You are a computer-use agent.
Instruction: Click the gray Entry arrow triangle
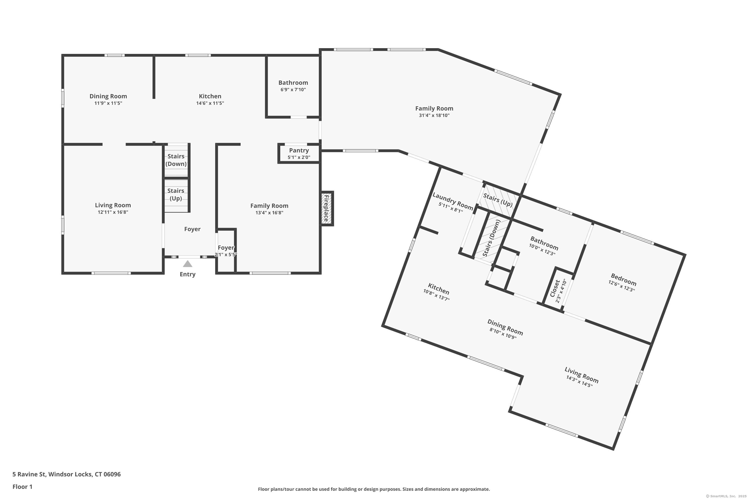(188, 264)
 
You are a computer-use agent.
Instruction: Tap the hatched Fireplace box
(326, 209)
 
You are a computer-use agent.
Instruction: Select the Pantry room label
(299, 150)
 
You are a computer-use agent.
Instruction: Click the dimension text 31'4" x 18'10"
(434, 116)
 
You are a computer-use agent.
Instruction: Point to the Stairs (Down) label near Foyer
(176, 160)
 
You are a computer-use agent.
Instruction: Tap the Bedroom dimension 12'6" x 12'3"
(621, 286)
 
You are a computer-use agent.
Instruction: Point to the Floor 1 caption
(22, 487)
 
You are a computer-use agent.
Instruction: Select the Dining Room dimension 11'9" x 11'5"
(108, 103)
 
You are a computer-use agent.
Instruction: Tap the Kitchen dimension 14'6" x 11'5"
(210, 103)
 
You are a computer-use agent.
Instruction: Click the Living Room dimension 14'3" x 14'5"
(579, 381)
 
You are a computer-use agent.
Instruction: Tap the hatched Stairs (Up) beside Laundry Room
(498, 200)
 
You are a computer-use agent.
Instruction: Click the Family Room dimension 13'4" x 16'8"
(269, 213)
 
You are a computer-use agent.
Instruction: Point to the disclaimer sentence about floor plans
(374, 489)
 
